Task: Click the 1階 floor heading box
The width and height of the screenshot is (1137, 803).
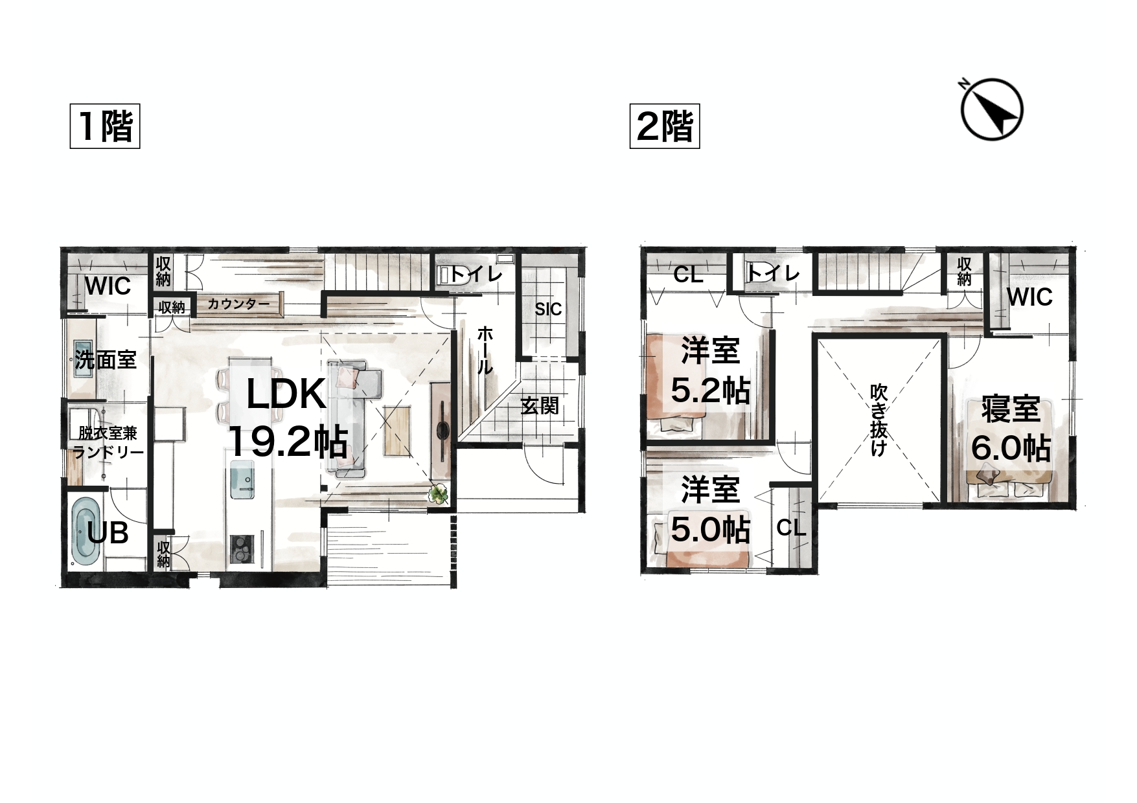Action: [x=105, y=126]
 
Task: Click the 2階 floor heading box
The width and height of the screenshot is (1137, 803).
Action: [x=665, y=126]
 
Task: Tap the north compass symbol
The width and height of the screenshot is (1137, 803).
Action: [x=991, y=108]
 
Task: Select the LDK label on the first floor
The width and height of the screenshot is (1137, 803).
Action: [x=286, y=394]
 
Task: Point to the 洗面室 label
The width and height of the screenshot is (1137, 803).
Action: [x=106, y=359]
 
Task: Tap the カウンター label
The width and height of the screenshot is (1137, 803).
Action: [x=239, y=304]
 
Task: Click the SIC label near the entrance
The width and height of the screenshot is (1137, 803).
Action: [x=548, y=310]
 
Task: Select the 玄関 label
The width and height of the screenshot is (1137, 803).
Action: [x=540, y=407]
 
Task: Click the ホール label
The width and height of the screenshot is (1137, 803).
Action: [x=485, y=350]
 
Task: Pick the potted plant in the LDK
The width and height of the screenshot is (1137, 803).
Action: [x=439, y=494]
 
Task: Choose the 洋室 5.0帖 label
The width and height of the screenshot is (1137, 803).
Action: [x=711, y=510]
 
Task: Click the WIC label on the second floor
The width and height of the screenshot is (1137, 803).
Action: [x=1029, y=297]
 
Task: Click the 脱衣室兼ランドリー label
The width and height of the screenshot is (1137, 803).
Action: [x=108, y=442]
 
